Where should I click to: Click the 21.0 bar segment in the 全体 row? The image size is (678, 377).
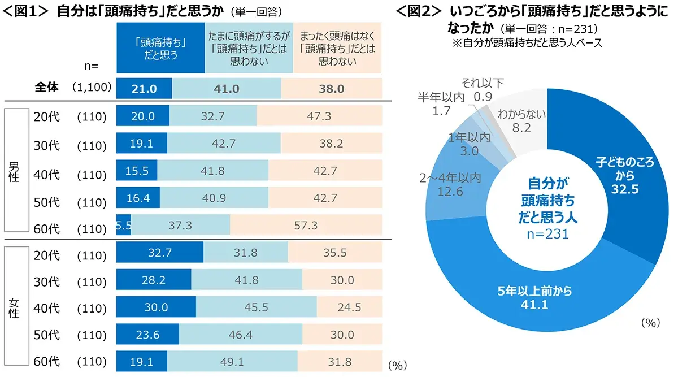(144, 89)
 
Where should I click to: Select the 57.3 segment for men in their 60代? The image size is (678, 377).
(306, 226)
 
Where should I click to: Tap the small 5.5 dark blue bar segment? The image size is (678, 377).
(123, 226)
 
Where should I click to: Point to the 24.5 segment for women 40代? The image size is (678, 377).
(349, 308)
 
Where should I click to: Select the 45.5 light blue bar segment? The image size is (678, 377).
(256, 308)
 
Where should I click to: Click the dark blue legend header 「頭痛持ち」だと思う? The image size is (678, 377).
(160, 49)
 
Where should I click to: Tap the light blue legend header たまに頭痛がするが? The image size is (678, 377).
(249, 49)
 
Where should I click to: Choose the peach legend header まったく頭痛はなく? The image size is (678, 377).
(337, 49)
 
